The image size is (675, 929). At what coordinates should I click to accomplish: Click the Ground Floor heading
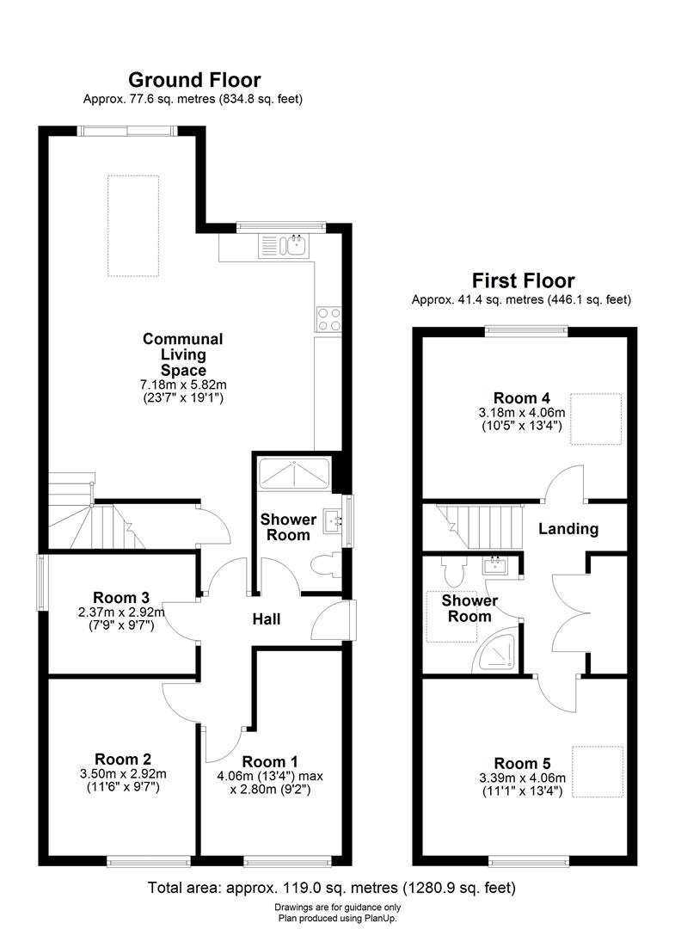(x=193, y=80)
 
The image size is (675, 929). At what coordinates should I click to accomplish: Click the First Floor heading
(x=523, y=280)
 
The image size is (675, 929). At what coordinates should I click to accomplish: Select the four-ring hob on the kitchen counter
(x=328, y=319)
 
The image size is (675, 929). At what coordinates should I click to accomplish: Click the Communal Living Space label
(x=182, y=354)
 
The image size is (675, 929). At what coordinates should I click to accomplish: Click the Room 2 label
(x=123, y=759)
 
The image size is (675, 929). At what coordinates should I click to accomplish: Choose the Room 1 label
(x=270, y=761)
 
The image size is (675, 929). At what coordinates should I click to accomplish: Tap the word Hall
(x=266, y=618)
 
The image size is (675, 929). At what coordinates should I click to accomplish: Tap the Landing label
(x=568, y=529)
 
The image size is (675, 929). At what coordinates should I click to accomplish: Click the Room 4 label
(x=522, y=397)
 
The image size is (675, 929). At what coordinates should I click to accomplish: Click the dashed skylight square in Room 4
(x=597, y=419)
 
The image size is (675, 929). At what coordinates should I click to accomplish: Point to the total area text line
(x=332, y=887)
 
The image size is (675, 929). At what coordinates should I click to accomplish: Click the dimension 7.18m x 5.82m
(x=183, y=384)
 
